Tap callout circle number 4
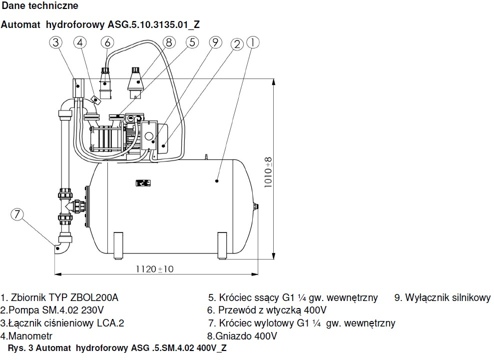[80, 42]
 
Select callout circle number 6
[108, 42]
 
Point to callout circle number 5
[192, 42]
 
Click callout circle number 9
[215, 42]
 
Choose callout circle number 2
[238, 43]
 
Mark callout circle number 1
[253, 42]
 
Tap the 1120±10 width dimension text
[155, 269]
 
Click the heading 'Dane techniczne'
[40, 6]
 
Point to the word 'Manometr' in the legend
[28, 336]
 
